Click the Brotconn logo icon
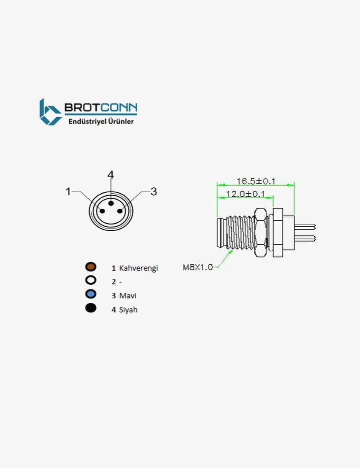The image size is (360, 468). point(50,112)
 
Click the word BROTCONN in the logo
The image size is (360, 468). point(101,108)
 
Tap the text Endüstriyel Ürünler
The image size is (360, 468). point(101,122)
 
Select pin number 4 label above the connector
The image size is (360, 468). point(110,175)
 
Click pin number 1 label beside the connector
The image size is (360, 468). point(68,191)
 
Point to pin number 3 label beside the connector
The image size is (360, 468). point(153,191)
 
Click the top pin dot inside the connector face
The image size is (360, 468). point(111,203)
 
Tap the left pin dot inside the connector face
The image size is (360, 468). point(102,211)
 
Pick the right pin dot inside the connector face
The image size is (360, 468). point(120,211)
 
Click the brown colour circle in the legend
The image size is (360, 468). point(90,266)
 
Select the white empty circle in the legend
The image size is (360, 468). point(90,280)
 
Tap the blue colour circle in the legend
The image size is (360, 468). point(90,294)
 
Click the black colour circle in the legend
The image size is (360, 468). point(90,308)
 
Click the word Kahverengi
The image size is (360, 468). point(138,268)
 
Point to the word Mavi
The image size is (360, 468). point(127,295)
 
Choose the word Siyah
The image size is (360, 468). point(128,310)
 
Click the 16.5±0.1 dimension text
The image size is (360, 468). point(256,181)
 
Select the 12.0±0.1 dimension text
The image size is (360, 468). point(245,194)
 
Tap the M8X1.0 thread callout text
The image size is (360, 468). point(197,267)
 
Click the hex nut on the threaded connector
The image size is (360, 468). point(260,233)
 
